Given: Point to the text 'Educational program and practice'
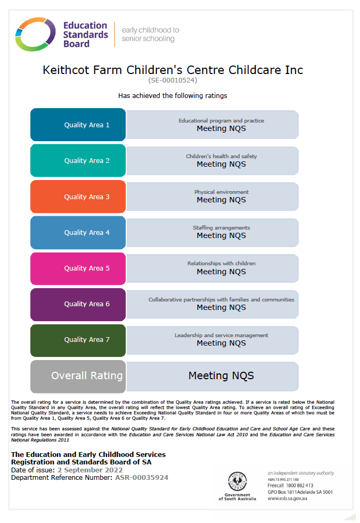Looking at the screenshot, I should [x=221, y=121].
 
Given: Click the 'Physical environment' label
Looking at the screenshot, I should [x=221, y=192].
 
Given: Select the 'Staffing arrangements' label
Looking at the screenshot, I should [x=221, y=227].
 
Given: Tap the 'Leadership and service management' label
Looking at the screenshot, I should [x=221, y=335].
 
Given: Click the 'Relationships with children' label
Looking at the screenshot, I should [x=221, y=263].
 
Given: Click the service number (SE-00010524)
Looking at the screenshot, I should [x=173, y=80].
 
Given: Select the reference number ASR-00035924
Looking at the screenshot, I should [x=142, y=478].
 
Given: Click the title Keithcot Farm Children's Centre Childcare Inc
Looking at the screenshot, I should [x=173, y=70].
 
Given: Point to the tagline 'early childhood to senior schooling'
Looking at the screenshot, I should [x=150, y=34].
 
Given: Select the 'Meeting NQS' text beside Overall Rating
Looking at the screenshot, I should [x=221, y=375].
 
